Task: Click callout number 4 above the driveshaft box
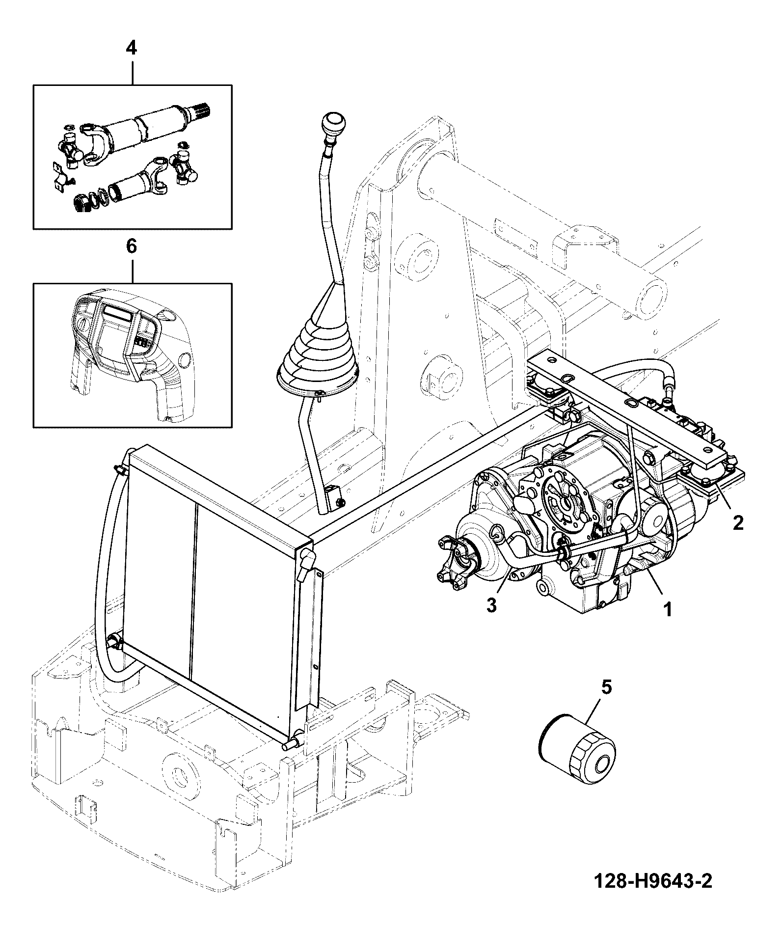click(x=132, y=48)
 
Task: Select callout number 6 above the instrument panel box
click(x=132, y=246)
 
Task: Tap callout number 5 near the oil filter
click(x=607, y=687)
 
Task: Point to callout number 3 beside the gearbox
click(x=492, y=605)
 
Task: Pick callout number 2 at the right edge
click(x=738, y=522)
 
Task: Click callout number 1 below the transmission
click(x=667, y=609)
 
